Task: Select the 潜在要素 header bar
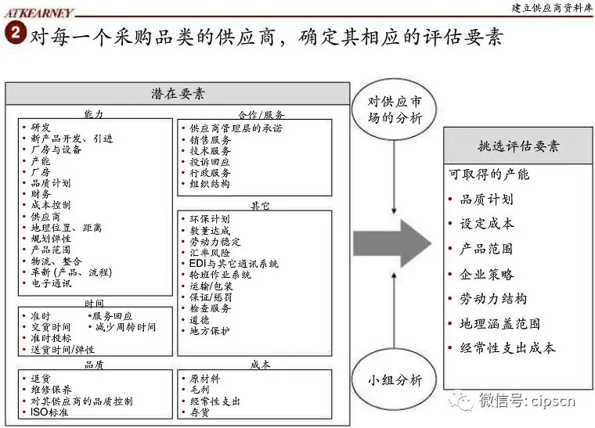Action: point(178,93)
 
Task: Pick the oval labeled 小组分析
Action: point(395,379)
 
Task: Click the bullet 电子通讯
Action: point(51,284)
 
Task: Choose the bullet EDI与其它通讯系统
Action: point(233,264)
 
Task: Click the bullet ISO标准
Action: point(49,412)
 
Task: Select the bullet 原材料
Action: point(204,379)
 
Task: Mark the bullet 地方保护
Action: point(210,331)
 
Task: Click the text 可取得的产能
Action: point(489,174)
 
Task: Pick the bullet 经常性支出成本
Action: point(507,348)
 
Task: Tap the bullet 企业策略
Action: point(486,274)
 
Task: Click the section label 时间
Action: point(94,304)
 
